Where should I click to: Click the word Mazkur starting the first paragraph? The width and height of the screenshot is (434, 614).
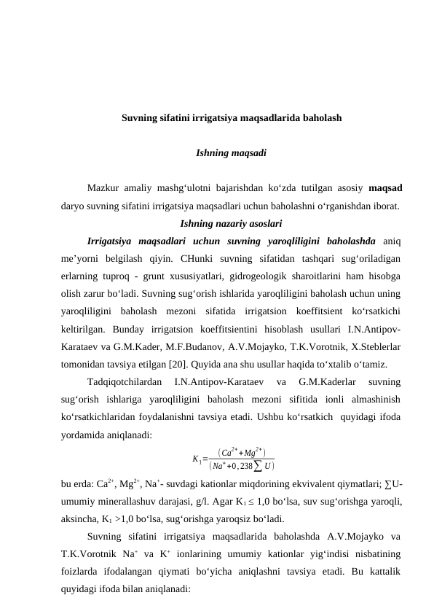tap(103, 189)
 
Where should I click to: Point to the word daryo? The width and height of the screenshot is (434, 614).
tap(74, 206)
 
